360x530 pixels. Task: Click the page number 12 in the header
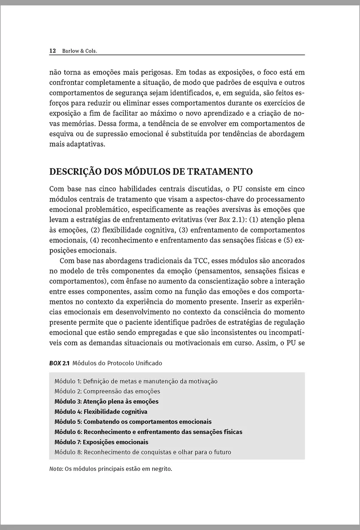52,51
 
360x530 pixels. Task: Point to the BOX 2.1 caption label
59,363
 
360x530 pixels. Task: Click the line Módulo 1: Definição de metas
136,381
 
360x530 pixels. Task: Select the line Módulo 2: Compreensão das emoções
107,391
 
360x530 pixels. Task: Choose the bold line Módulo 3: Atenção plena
106,401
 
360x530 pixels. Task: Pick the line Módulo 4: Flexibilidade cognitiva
101,412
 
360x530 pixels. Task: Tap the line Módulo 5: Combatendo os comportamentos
133,422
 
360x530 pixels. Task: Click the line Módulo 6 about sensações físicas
148,432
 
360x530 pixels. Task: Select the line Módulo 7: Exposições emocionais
101,442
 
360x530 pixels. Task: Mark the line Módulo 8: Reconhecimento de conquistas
143,452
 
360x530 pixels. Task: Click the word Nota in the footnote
55,469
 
